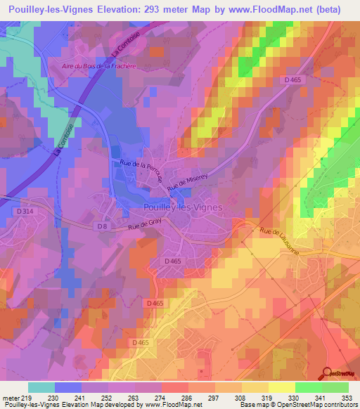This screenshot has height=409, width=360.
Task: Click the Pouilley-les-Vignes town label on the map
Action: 183,207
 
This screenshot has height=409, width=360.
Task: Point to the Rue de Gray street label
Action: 145,226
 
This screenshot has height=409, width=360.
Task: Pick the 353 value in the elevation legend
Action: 347,397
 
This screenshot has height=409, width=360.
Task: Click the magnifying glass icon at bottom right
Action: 328,373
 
